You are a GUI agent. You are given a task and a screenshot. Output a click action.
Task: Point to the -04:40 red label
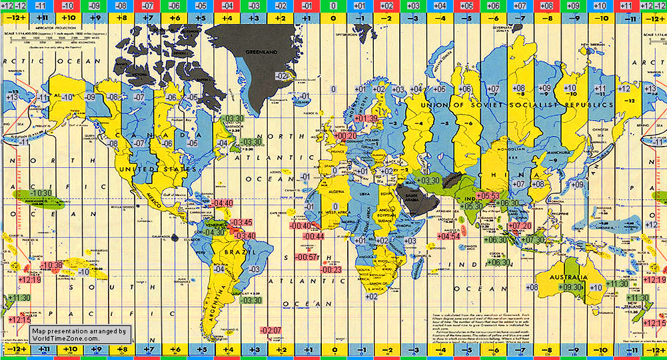(x=221, y=203)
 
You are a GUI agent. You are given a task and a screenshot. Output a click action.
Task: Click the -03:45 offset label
(x=241, y=223)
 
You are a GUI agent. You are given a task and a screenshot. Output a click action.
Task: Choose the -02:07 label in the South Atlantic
(x=271, y=331)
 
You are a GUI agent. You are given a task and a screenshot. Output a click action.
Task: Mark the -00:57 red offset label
(x=307, y=257)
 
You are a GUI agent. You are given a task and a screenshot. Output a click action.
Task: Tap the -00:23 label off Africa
(x=331, y=269)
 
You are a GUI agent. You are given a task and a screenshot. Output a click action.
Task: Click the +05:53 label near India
(x=488, y=196)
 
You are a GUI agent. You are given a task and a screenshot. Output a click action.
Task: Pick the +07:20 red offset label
(x=520, y=226)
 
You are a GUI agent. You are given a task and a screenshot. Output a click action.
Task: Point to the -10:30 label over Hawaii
(x=41, y=193)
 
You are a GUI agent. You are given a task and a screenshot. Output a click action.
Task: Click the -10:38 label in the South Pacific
(x=51, y=265)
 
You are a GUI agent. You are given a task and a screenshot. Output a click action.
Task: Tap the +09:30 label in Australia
(x=572, y=287)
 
